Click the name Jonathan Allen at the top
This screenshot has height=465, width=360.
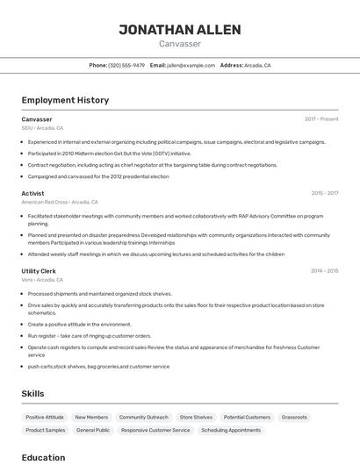[180, 30]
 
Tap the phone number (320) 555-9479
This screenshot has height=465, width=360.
[126, 66]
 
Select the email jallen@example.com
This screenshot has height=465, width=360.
[191, 66]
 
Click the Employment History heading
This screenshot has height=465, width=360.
[65, 100]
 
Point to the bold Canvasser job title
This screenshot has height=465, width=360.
[37, 119]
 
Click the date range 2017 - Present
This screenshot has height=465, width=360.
[321, 119]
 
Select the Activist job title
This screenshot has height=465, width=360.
[33, 193]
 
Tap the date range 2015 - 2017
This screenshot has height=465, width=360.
[324, 193]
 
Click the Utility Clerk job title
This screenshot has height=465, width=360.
[39, 271]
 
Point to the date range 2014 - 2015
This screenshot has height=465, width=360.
[324, 271]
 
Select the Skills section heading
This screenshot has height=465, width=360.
[32, 394]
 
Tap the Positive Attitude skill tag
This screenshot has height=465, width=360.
[45, 418]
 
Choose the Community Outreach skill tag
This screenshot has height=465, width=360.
[143, 418]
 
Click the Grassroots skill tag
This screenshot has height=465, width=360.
[294, 418]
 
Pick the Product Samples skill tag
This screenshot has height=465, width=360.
[46, 431]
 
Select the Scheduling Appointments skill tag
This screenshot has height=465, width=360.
[231, 431]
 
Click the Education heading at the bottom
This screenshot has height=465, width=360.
[43, 457]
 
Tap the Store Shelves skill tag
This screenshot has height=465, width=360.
[196, 418]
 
